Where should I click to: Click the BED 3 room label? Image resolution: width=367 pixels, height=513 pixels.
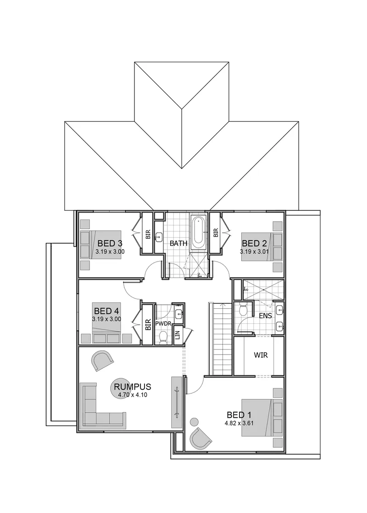tap(110, 243)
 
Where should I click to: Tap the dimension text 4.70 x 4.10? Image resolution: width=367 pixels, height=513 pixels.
tap(133, 395)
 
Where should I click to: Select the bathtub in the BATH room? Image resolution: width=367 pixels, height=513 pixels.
tap(199, 233)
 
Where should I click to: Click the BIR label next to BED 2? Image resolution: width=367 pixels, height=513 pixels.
tap(216, 233)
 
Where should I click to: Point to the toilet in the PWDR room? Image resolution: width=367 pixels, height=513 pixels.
tap(162, 337)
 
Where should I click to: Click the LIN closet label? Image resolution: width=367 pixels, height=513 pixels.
tap(178, 334)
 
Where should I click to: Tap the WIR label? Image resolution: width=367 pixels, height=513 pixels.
tap(261, 355)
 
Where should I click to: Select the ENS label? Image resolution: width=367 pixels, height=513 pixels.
tap(265, 316)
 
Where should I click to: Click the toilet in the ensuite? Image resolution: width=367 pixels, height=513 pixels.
tap(243, 309)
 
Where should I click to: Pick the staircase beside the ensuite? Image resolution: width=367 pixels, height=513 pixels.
tap(221, 339)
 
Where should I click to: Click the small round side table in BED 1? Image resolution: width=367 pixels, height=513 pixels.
tap(195, 421)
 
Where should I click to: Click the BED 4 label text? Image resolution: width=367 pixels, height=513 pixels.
tap(106, 311)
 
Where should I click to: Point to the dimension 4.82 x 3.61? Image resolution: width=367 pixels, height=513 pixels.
tap(239, 423)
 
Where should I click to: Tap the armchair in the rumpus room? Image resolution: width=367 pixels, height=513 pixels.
tap(103, 360)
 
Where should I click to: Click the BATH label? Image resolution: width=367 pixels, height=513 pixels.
tap(178, 243)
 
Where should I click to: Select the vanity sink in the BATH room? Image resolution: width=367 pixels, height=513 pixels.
tap(159, 236)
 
